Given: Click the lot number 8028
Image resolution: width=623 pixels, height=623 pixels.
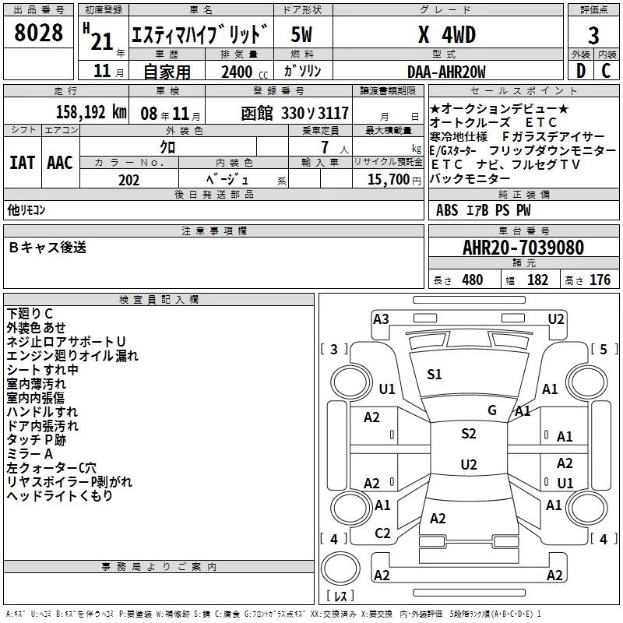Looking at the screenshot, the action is pyautogui.click(x=39, y=33).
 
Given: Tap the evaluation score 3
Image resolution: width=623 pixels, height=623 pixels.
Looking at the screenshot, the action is pyautogui.click(x=593, y=36).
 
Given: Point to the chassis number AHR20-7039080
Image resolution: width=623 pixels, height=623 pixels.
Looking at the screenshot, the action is pyautogui.click(x=523, y=248).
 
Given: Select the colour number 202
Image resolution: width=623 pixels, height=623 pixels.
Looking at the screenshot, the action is pyautogui.click(x=129, y=180).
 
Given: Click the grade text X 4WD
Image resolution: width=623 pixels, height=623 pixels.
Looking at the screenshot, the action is pyautogui.click(x=446, y=35).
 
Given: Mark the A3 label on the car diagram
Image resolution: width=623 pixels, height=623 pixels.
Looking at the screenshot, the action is pyautogui.click(x=381, y=319).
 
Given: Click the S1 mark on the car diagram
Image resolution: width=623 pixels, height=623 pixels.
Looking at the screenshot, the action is pyautogui.click(x=435, y=375).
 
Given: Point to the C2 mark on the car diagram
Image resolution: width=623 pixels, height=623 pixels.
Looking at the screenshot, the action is pyautogui.click(x=382, y=533).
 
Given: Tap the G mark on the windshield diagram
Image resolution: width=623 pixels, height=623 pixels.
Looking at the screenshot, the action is pyautogui.click(x=492, y=410).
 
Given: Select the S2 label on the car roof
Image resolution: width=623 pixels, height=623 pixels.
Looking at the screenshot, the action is pyautogui.click(x=468, y=434).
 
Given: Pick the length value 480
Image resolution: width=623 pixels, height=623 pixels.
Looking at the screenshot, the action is pyautogui.click(x=472, y=280).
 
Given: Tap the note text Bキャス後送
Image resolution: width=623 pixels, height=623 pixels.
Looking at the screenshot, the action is pyautogui.click(x=48, y=248).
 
